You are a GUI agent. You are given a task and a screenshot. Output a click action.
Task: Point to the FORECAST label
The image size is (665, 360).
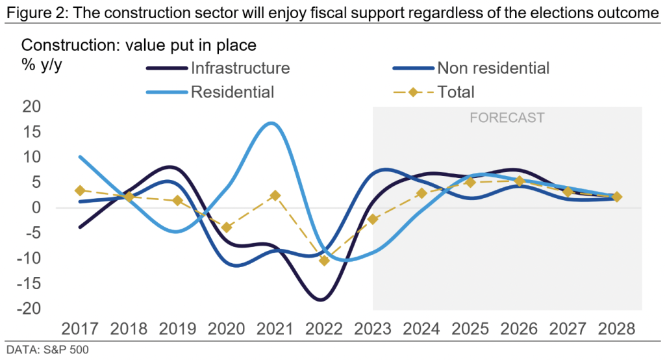[x=507, y=118]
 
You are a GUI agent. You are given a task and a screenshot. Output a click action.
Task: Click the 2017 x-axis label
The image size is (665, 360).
[x=80, y=328]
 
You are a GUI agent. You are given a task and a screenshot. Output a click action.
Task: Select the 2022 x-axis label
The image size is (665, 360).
[x=324, y=328]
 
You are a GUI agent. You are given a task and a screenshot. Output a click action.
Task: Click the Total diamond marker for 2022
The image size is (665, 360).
[x=324, y=261]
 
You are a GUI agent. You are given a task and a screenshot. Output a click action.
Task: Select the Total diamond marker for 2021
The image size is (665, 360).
[x=275, y=196]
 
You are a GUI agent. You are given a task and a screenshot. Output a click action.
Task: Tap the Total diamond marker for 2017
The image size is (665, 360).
[x=80, y=190]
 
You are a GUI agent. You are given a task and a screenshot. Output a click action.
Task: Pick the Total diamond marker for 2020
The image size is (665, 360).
[x=227, y=227]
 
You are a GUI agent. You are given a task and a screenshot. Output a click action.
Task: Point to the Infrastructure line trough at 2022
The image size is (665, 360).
[x=321, y=300]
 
